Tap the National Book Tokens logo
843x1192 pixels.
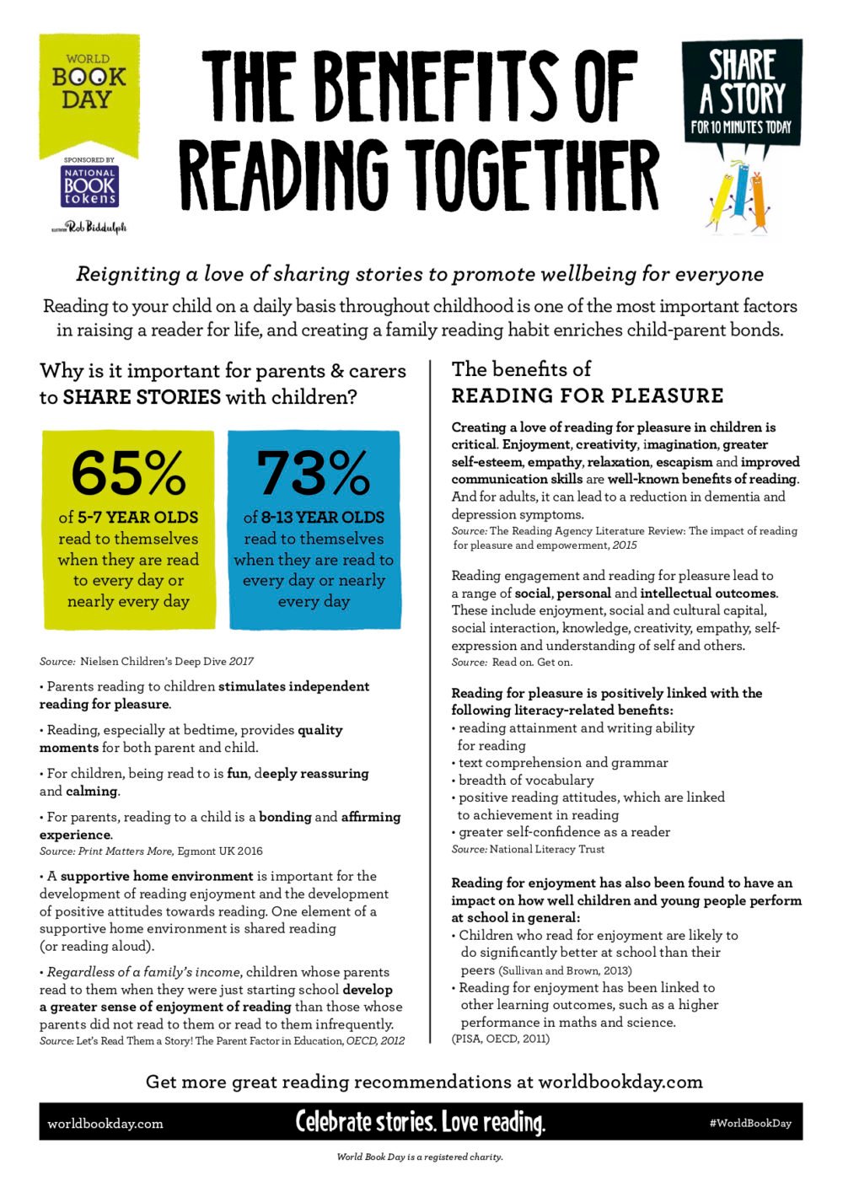[89, 187]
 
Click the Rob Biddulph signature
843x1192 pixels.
[89, 227]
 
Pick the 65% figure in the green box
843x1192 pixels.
[128, 474]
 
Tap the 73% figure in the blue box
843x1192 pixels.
[314, 474]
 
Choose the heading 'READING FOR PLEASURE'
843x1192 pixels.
[588, 396]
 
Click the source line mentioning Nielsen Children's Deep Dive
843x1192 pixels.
[147, 662]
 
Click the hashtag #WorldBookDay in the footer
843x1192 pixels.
[750, 1123]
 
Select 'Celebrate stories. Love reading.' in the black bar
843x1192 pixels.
[420, 1122]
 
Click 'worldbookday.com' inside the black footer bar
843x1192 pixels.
[105, 1124]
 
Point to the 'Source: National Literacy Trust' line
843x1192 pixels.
[528, 850]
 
